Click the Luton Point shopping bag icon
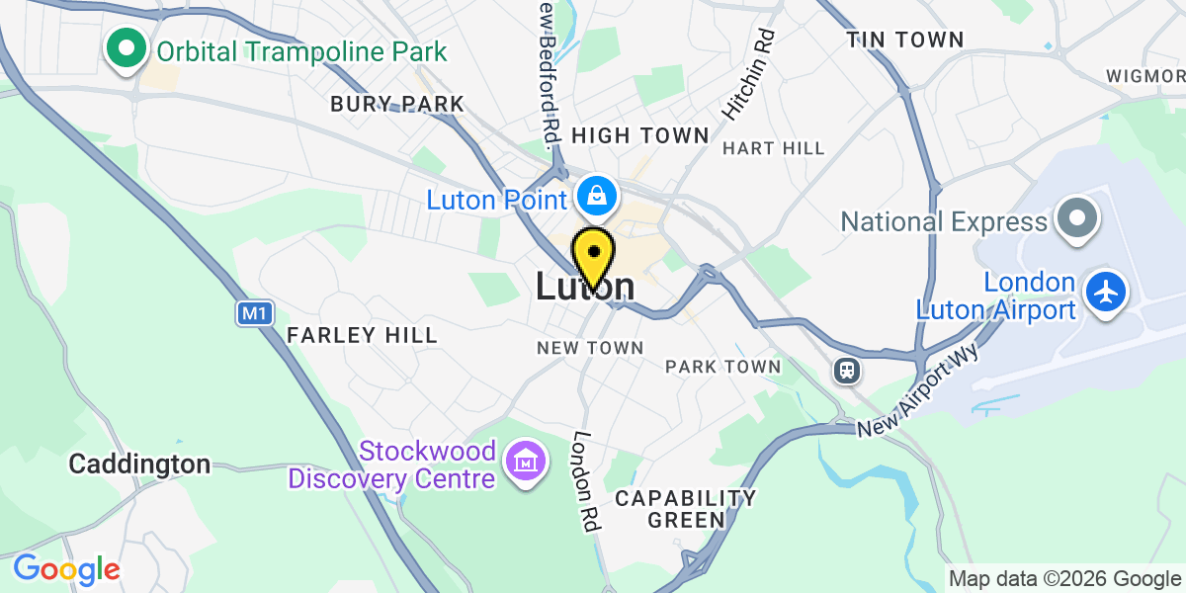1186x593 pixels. (597, 197)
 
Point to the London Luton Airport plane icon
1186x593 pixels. (1105, 293)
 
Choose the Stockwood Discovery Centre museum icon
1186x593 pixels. (524, 460)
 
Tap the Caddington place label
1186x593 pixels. (139, 464)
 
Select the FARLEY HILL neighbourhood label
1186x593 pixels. (362, 336)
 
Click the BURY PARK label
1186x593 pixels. (397, 104)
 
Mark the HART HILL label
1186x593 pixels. (773, 148)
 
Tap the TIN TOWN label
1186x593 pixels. (904, 41)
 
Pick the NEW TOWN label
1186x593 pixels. (590, 348)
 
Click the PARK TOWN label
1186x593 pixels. (722, 367)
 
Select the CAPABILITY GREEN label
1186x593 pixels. (685, 508)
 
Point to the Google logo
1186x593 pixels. (66, 569)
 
